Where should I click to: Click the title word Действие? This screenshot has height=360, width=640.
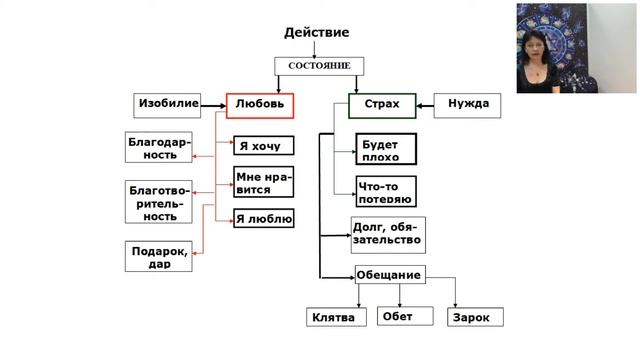(319, 33)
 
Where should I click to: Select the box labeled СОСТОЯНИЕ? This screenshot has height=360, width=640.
(319, 66)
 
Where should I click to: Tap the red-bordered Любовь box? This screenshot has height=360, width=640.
(260, 104)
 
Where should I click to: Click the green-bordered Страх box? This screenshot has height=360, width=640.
(381, 104)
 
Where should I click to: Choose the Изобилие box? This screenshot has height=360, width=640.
(168, 104)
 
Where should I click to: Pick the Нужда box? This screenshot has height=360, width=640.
(467, 104)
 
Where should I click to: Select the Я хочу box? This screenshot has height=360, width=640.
(264, 147)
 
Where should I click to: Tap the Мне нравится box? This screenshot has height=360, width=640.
(263, 182)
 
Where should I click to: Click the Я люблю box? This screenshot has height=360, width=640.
(264, 218)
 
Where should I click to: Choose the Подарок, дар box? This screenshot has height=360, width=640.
(159, 257)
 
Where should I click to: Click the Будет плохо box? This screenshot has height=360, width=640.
(386, 150)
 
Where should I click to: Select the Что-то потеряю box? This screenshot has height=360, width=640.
(386, 191)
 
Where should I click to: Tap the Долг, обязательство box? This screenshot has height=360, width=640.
(388, 235)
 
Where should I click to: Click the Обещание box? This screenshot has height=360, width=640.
(389, 275)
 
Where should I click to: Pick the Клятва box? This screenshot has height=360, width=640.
(334, 318)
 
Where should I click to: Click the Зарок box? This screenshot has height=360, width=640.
(474, 318)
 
